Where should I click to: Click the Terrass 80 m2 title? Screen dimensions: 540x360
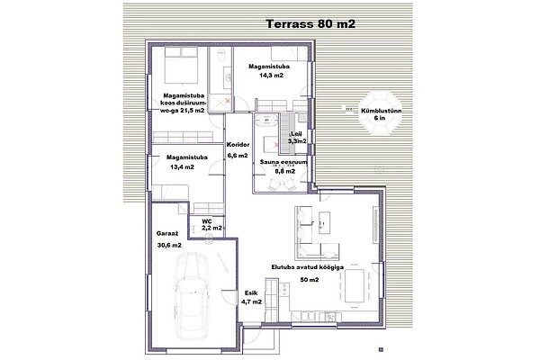[x=310, y=24]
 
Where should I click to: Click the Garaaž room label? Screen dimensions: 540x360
[x=167, y=234]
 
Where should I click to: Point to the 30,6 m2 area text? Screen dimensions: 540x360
[x=169, y=246]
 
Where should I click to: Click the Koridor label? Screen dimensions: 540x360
[x=238, y=145]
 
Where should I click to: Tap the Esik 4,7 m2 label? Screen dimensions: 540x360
[x=251, y=298]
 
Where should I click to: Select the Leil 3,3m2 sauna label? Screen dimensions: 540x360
[x=297, y=138]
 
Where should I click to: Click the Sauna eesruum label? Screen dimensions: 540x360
[x=283, y=162]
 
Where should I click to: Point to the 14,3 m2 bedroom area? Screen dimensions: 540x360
[x=271, y=75]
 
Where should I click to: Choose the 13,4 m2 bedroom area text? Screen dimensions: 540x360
[x=182, y=167]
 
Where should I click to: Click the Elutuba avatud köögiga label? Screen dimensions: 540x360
[x=308, y=266]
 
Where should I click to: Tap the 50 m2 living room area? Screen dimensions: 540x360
[x=310, y=280]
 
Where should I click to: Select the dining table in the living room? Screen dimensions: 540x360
[x=355, y=285]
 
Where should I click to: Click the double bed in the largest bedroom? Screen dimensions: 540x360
[x=181, y=65]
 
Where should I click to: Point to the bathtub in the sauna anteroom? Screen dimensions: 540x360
[x=266, y=120]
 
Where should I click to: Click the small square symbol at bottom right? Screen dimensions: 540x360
[x=381, y=350]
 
